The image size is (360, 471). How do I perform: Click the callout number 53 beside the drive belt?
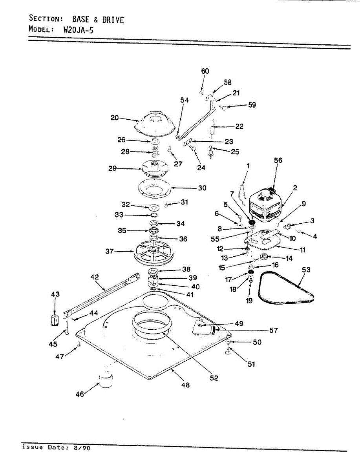click(x=306, y=270)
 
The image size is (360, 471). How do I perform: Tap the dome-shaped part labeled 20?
click(x=154, y=123)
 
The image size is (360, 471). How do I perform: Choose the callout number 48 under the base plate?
click(x=185, y=385)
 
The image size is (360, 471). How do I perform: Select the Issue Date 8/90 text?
click(x=56, y=447)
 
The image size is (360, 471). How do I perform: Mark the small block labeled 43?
click(x=55, y=319)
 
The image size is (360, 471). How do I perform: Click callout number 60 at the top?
click(x=205, y=71)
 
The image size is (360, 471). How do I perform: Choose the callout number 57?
click(x=273, y=330)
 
